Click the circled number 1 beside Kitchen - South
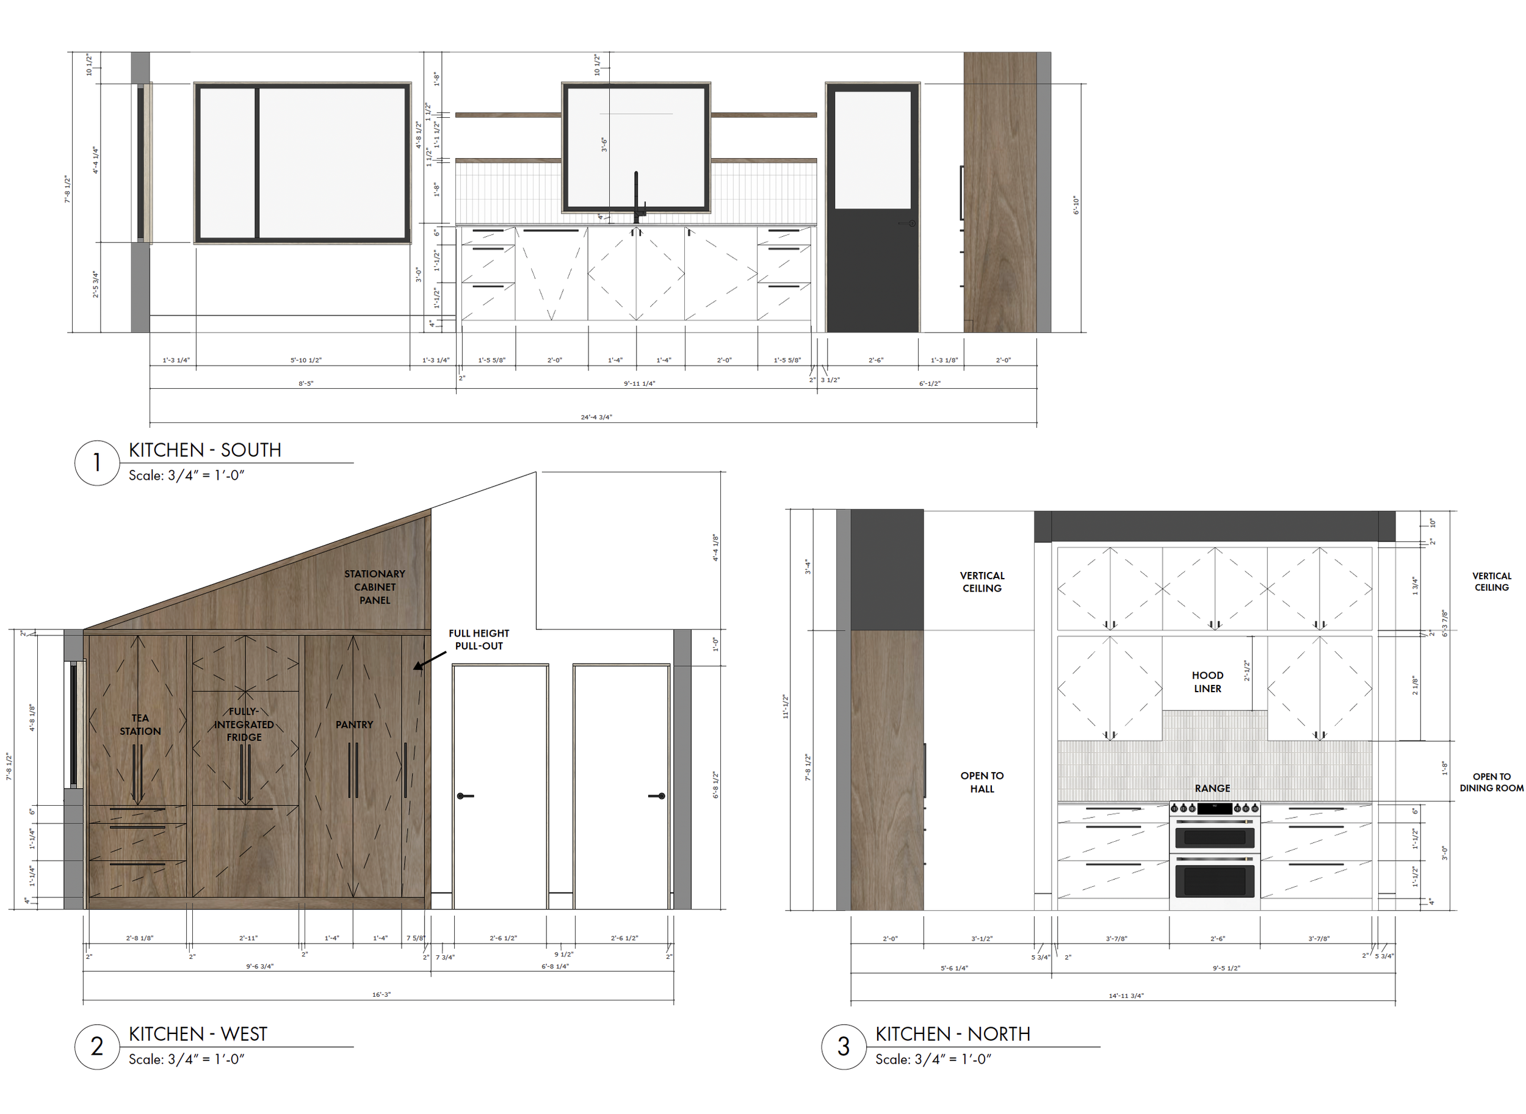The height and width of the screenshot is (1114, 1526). (97, 463)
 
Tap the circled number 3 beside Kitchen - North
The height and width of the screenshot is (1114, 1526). (843, 1047)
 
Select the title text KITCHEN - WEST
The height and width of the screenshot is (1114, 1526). (198, 1034)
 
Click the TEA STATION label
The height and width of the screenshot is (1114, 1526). (140, 724)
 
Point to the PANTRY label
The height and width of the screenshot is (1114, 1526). (354, 724)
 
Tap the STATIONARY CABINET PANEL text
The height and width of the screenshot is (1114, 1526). (374, 587)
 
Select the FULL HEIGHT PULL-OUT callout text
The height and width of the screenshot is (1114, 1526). (479, 639)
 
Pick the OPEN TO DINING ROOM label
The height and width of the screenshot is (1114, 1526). (1492, 782)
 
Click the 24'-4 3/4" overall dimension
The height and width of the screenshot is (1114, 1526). (596, 417)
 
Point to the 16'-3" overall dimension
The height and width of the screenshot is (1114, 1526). (381, 994)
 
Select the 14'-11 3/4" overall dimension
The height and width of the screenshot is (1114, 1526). (1126, 996)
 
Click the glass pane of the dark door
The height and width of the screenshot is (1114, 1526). (873, 150)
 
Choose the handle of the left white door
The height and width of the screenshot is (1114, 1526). (465, 796)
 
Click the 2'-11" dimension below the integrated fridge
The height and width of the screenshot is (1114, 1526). (248, 938)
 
